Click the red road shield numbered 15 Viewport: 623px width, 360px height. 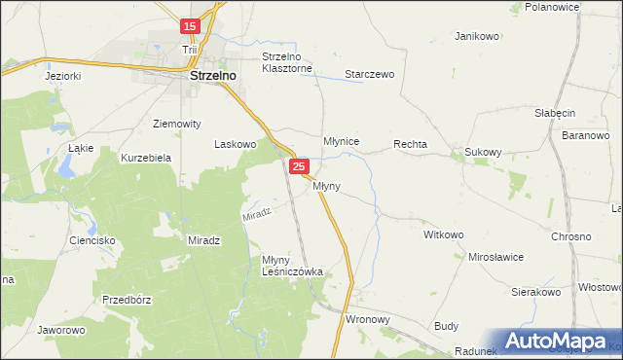191,26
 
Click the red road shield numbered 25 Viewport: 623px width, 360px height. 299,168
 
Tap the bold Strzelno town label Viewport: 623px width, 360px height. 215,74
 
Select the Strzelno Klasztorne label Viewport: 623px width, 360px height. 287,63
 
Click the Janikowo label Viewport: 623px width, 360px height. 477,36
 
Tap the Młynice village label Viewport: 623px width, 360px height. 342,142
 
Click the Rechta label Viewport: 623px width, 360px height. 411,144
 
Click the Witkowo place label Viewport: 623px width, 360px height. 444,235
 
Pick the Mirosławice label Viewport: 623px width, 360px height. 496,257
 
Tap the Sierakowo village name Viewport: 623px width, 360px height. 537,291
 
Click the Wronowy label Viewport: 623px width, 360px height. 368,318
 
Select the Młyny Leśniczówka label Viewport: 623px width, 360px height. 292,266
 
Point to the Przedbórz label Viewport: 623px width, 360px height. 124,300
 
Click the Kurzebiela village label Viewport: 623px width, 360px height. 146,157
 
